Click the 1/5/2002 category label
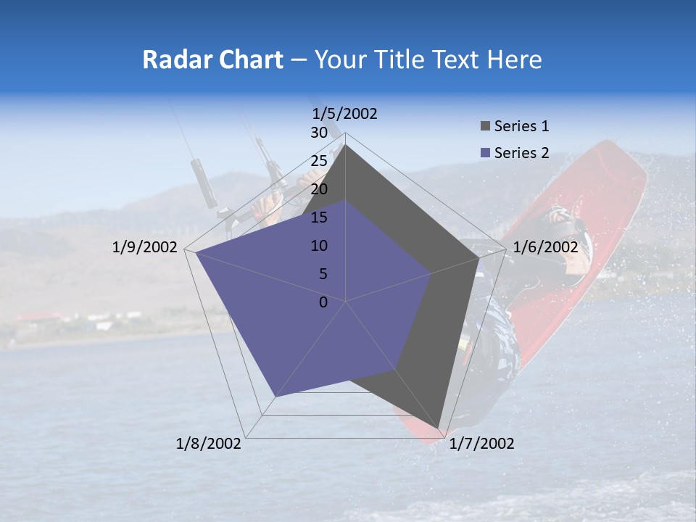[344, 113]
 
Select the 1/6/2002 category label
[545, 247]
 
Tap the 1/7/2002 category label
[481, 444]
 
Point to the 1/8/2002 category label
[209, 444]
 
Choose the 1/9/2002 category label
[145, 247]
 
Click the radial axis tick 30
[318, 133]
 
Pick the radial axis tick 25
[318, 161]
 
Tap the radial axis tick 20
[318, 189]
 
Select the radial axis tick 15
[318, 217]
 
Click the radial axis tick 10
[318, 246]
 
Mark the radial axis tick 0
[323, 302]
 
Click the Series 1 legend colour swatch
[485, 126]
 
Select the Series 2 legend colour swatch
[485, 153]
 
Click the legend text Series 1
[521, 126]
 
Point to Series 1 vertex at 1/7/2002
[439, 428]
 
